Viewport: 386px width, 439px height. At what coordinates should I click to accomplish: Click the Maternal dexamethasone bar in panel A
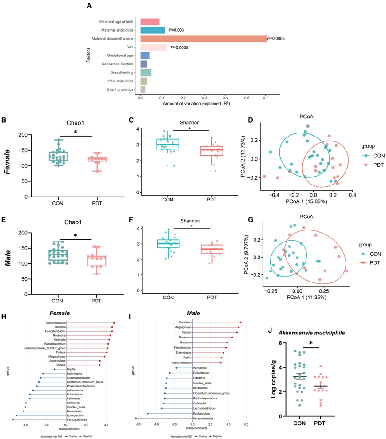click(x=203, y=39)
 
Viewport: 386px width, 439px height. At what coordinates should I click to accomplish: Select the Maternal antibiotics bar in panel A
click(x=152, y=30)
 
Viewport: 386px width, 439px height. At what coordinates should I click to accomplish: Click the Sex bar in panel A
click(x=153, y=47)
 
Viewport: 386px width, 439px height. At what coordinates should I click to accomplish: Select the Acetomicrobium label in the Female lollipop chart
click(x=56, y=323)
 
